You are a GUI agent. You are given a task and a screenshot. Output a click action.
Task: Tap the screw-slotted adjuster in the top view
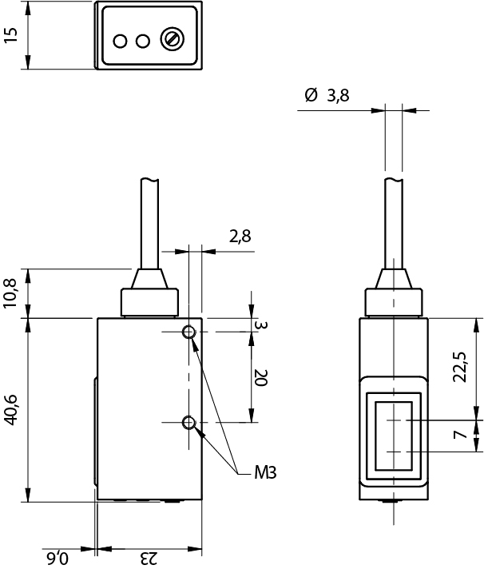171,39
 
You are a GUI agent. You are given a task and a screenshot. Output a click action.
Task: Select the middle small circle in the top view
142,40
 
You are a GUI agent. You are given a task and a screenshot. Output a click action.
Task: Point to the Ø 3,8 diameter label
327,96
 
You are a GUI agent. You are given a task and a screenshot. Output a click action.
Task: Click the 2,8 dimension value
240,237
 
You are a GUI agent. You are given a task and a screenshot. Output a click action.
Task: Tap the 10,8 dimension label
10,292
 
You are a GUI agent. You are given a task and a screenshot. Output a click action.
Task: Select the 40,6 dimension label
10,411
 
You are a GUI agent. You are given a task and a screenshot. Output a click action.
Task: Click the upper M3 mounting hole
189,332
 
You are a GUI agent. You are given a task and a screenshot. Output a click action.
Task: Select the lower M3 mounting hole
189,423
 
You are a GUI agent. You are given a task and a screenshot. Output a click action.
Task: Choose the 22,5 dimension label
459,367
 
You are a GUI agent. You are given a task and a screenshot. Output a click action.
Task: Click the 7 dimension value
459,436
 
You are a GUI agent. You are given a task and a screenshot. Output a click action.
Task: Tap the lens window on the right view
393,436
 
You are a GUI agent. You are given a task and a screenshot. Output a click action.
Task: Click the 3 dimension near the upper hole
261,324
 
